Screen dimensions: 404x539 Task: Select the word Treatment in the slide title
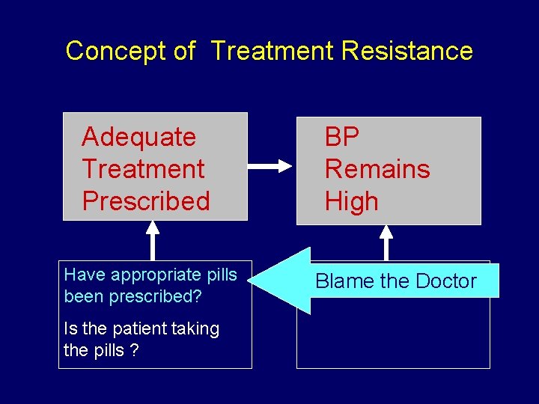(x=272, y=51)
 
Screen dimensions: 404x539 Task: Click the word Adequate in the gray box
(x=138, y=137)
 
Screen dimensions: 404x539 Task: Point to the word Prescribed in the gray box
(x=146, y=201)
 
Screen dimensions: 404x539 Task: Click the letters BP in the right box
(x=341, y=137)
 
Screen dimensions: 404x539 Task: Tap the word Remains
(x=377, y=169)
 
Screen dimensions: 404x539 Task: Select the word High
(x=351, y=201)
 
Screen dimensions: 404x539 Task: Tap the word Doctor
(x=446, y=281)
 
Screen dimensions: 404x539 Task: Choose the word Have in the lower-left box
(x=81, y=275)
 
